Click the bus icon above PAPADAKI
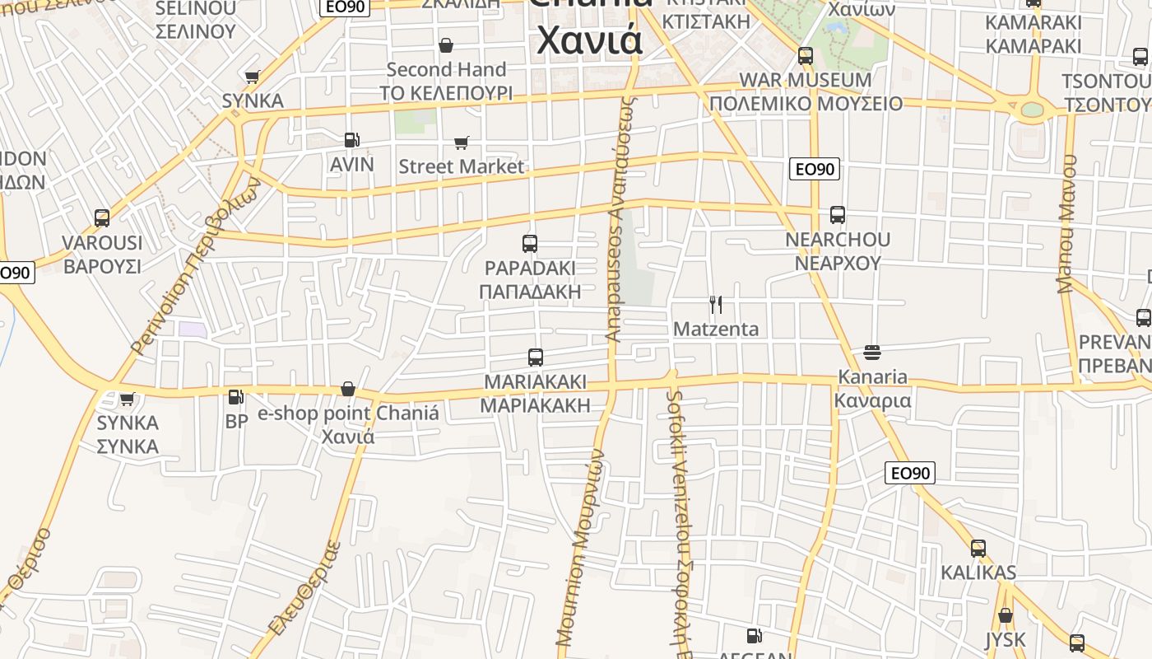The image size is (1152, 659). pyautogui.click(x=530, y=244)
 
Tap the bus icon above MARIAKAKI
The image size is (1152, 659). pyautogui.click(x=536, y=358)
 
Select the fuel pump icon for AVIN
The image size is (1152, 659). pyautogui.click(x=351, y=140)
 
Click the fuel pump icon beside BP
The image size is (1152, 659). pyautogui.click(x=235, y=397)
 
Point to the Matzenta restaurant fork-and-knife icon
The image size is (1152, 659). pyautogui.click(x=716, y=305)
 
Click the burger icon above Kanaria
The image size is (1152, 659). pyautogui.click(x=872, y=353)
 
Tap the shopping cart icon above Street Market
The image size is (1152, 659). pyautogui.click(x=462, y=143)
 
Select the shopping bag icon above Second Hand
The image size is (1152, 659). pyautogui.click(x=446, y=44)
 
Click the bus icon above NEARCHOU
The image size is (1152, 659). pyautogui.click(x=838, y=215)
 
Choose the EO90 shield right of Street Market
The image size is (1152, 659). pyautogui.click(x=814, y=169)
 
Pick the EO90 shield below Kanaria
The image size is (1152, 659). pyautogui.click(x=910, y=473)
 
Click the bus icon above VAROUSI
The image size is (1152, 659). pyautogui.click(x=102, y=218)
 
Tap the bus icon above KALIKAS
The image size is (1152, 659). pyautogui.click(x=978, y=548)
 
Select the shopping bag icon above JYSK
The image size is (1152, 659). pyautogui.click(x=1005, y=615)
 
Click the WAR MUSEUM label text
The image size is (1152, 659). pyautogui.click(x=806, y=80)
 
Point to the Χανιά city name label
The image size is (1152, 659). pyautogui.click(x=589, y=40)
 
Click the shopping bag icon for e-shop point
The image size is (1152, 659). pyautogui.click(x=348, y=389)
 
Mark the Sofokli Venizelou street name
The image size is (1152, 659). pyautogui.click(x=676, y=511)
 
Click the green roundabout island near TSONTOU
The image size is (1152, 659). pyautogui.click(x=1032, y=110)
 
